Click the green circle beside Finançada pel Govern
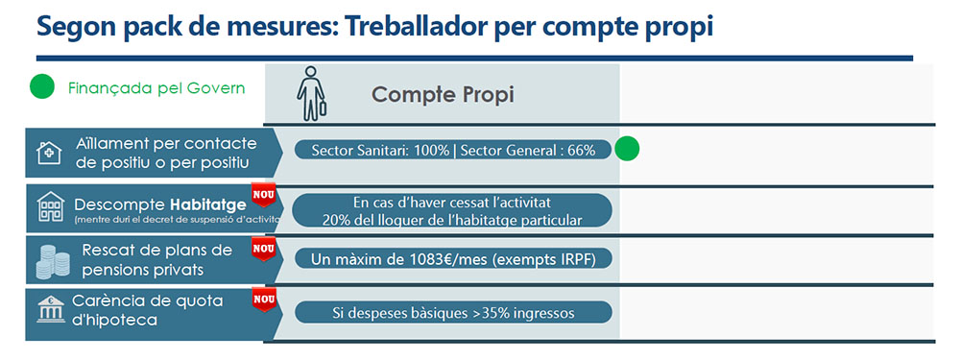(41, 88)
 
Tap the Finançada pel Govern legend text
(156, 88)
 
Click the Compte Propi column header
(443, 94)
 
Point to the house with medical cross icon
(48, 153)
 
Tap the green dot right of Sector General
(626, 150)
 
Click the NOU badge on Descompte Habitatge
(262, 194)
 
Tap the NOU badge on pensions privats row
(262, 249)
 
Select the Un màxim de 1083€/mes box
(451, 259)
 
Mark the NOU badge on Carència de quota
(262, 300)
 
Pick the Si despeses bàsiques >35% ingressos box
(451, 312)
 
